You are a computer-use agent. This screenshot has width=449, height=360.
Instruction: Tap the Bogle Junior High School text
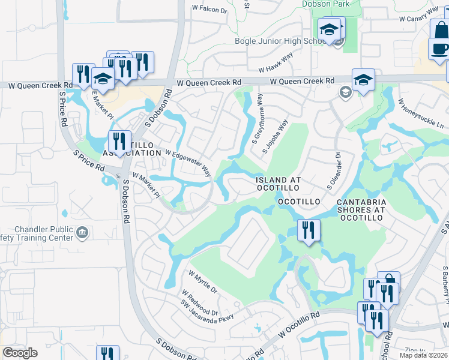pos(280,41)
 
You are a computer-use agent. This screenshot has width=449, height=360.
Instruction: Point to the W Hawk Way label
pos(276,62)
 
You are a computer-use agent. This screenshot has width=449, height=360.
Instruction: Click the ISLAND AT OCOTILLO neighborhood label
pos(279,184)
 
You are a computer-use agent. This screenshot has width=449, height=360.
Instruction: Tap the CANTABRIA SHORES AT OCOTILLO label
pos(360,210)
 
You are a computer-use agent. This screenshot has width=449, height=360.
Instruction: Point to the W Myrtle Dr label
pos(202,281)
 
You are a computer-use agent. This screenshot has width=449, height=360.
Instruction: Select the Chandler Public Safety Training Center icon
pos(82,232)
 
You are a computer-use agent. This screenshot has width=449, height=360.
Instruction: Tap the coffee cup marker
pos(439,49)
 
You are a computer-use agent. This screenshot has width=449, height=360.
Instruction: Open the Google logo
pos(20,353)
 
